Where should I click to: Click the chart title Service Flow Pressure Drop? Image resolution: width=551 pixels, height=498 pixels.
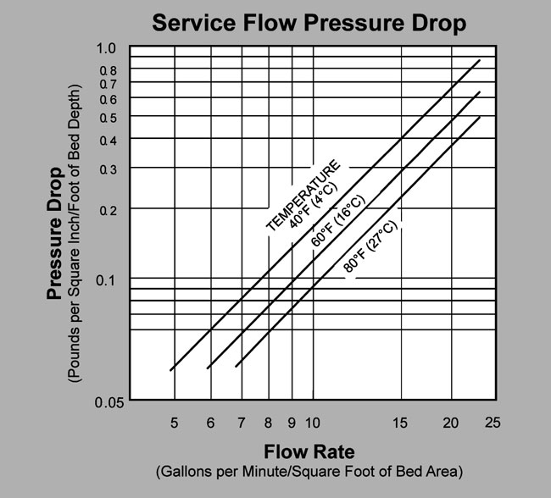click(309, 23)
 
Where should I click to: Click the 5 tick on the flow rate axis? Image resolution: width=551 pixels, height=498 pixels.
click(174, 422)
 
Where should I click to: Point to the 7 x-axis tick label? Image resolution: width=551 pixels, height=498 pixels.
click(242, 422)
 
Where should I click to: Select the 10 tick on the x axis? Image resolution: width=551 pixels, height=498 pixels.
click(312, 422)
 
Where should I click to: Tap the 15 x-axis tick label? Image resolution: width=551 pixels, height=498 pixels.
click(401, 422)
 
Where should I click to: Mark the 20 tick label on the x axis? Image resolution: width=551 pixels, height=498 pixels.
click(451, 422)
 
